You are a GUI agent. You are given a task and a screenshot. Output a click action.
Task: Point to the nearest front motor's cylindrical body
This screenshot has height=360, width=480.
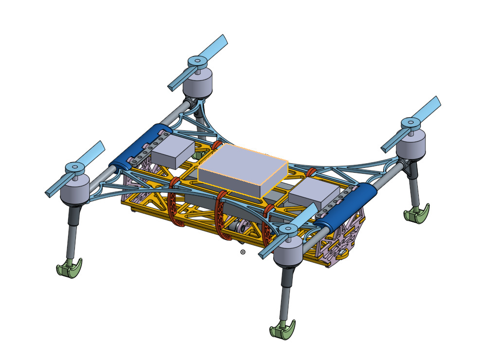(x=289, y=253)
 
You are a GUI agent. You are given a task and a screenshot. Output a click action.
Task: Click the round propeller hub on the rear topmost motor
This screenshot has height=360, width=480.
(x=196, y=61)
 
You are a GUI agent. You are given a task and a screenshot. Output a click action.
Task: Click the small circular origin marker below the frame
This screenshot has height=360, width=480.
(x=243, y=252)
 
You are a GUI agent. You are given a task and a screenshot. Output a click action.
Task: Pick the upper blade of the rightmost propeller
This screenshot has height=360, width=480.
(x=427, y=108)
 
